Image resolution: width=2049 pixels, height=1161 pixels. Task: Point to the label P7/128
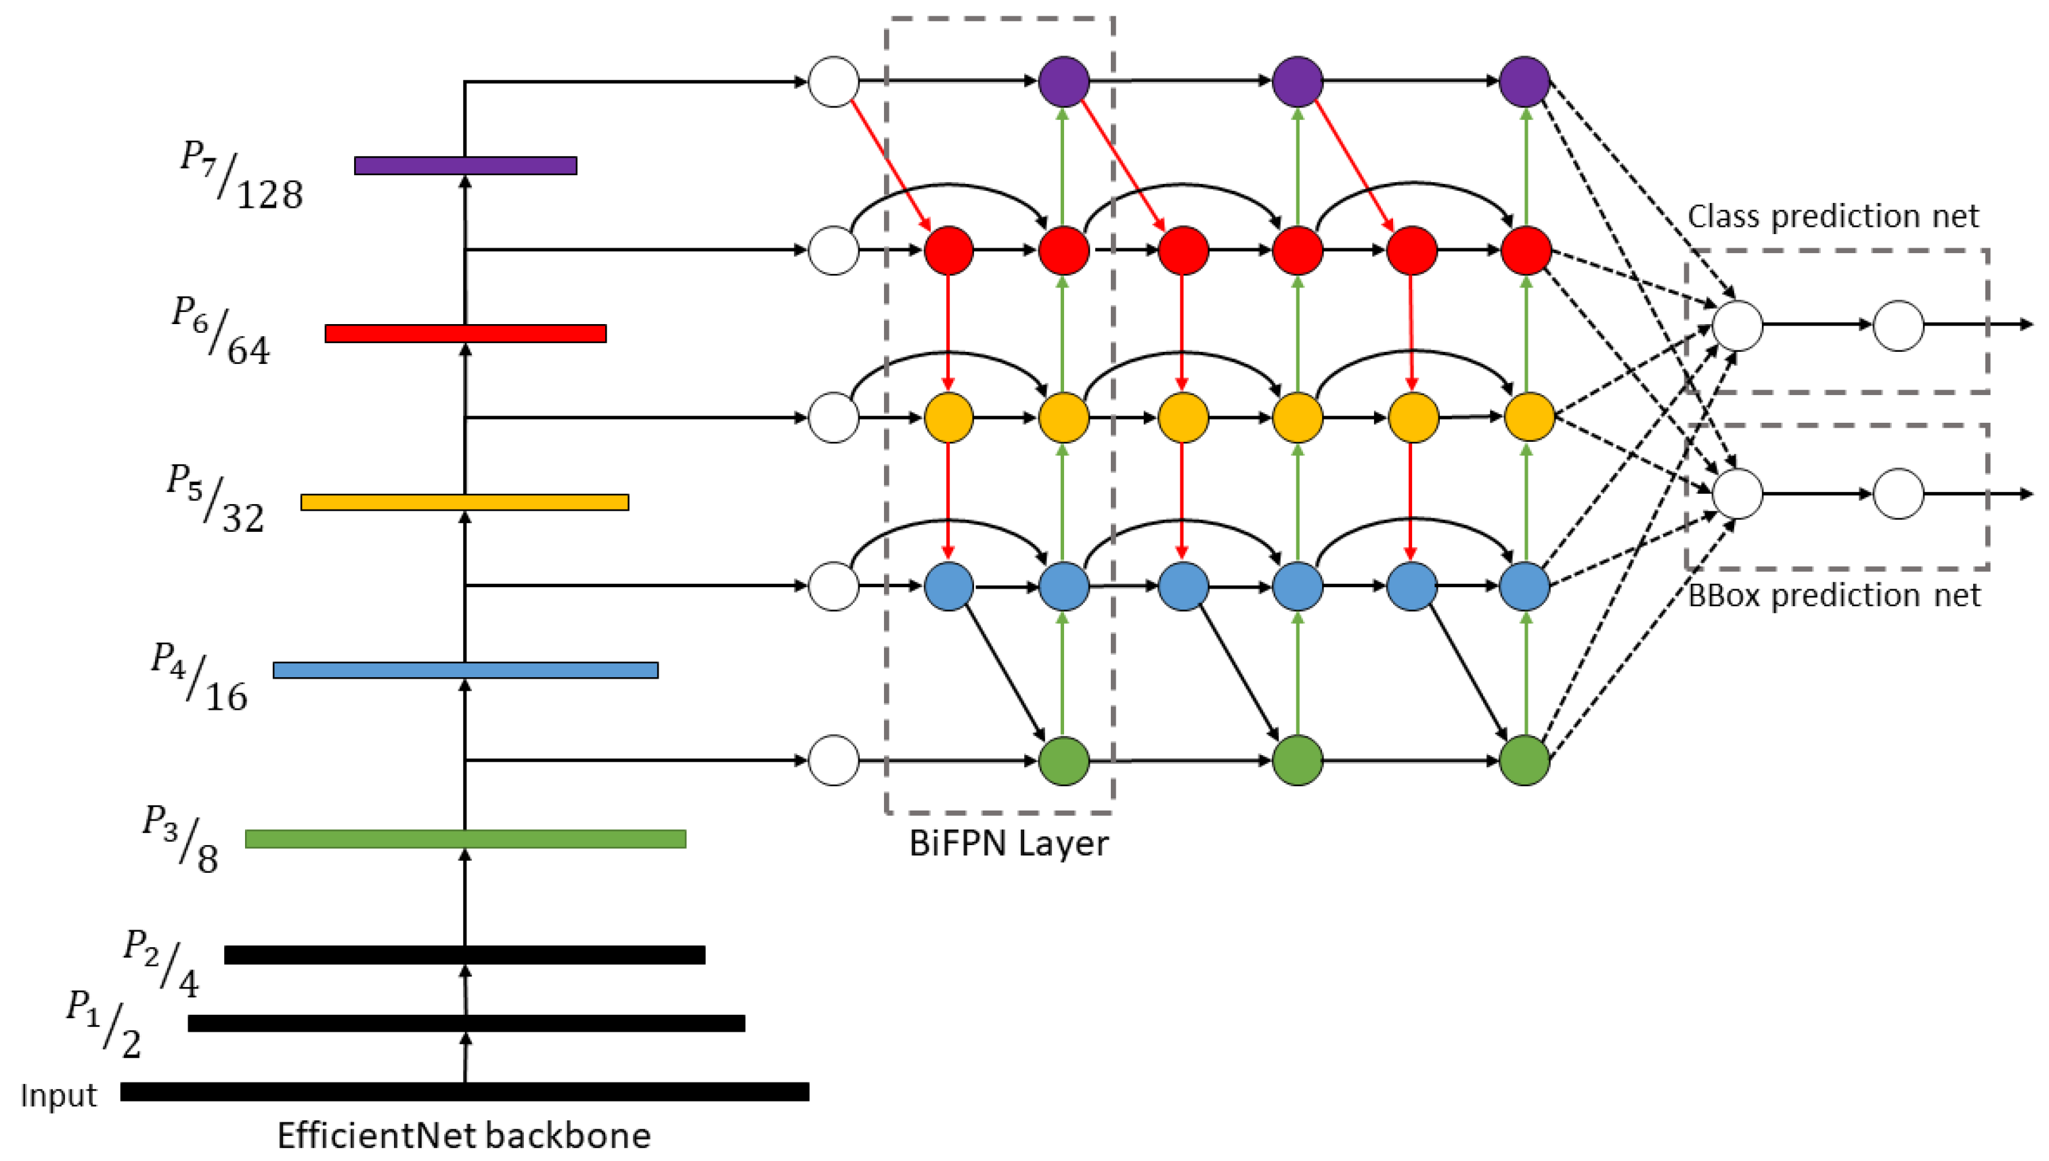241,175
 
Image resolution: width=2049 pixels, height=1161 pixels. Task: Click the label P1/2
104,1024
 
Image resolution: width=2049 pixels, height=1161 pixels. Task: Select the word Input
58,1095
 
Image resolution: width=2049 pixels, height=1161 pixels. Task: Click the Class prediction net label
1833,216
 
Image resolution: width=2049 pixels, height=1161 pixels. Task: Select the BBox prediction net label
1834,595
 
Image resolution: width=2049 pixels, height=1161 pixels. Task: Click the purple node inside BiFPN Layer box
1063,81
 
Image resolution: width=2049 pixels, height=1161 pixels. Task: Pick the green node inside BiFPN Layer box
1063,760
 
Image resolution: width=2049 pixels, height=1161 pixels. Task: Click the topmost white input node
833,81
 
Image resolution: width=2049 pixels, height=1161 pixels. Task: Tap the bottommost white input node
833,760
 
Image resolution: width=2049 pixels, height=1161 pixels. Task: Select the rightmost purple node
1524,81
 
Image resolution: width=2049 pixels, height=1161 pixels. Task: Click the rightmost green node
1524,760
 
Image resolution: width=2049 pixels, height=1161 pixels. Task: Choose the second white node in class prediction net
1898,325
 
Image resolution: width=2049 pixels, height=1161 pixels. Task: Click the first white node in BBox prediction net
1737,494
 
